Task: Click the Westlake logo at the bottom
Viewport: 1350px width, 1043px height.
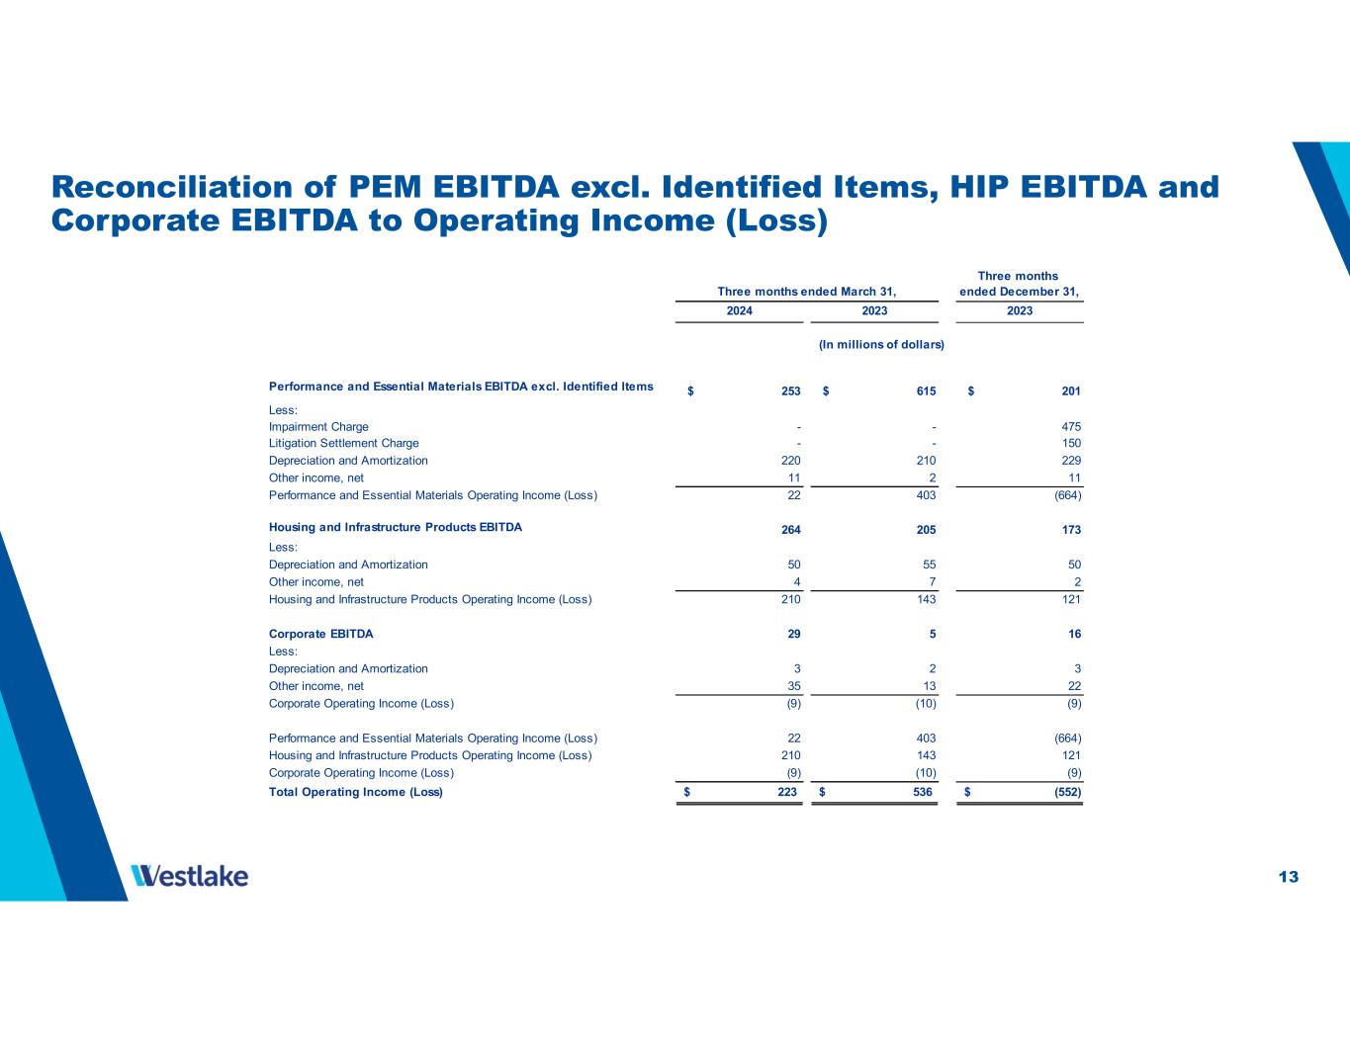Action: (189, 876)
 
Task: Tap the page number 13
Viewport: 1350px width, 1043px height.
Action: (1288, 877)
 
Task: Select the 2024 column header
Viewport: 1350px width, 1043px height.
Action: (739, 310)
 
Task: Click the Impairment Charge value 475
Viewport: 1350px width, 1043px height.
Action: (1070, 427)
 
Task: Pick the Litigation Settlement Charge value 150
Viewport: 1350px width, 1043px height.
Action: (1070, 444)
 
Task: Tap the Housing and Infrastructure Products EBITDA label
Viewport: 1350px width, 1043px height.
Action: (396, 528)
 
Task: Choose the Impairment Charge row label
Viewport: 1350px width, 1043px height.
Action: (318, 427)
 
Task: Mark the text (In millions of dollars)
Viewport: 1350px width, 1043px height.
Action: (881, 344)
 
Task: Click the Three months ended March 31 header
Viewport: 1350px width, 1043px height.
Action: (806, 291)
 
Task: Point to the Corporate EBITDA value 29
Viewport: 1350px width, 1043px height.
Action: (793, 634)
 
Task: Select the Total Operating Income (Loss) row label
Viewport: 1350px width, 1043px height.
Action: (356, 792)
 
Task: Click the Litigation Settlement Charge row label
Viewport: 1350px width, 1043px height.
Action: (344, 444)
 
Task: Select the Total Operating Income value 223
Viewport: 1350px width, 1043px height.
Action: (787, 792)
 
